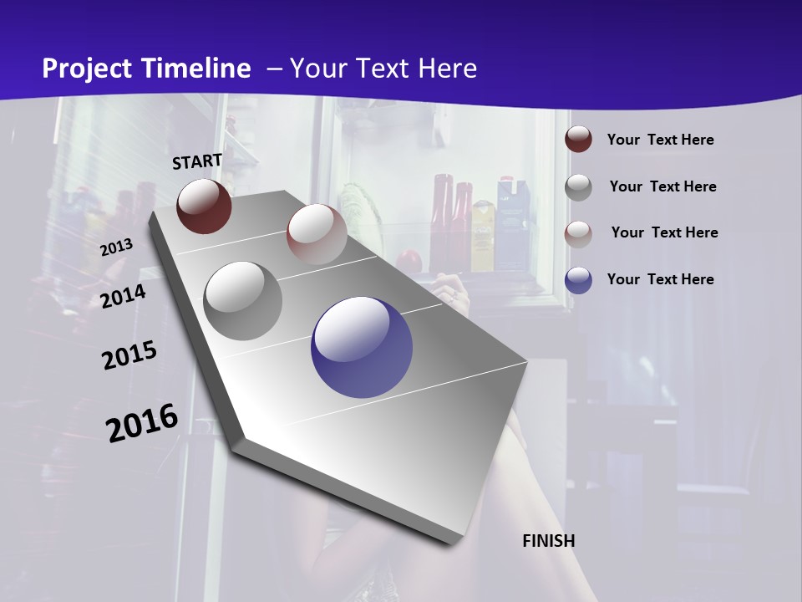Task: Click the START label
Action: click(x=197, y=161)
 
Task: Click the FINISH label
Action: click(x=549, y=541)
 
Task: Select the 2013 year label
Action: click(x=116, y=247)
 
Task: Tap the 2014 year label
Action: click(x=124, y=296)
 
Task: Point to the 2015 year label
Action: click(x=129, y=355)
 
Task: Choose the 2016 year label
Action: click(x=142, y=423)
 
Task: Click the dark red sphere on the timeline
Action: click(x=204, y=206)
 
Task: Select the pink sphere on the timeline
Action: click(x=317, y=234)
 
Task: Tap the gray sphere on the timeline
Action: click(x=243, y=301)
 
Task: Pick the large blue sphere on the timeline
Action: click(x=362, y=348)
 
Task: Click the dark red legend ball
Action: click(x=578, y=140)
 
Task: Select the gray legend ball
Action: click(x=578, y=186)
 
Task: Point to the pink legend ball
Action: click(x=578, y=233)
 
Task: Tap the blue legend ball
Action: click(x=578, y=280)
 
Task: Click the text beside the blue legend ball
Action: click(x=660, y=279)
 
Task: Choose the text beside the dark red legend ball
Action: click(x=660, y=140)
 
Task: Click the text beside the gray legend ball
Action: click(x=662, y=186)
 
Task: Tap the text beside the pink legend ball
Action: click(x=664, y=232)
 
